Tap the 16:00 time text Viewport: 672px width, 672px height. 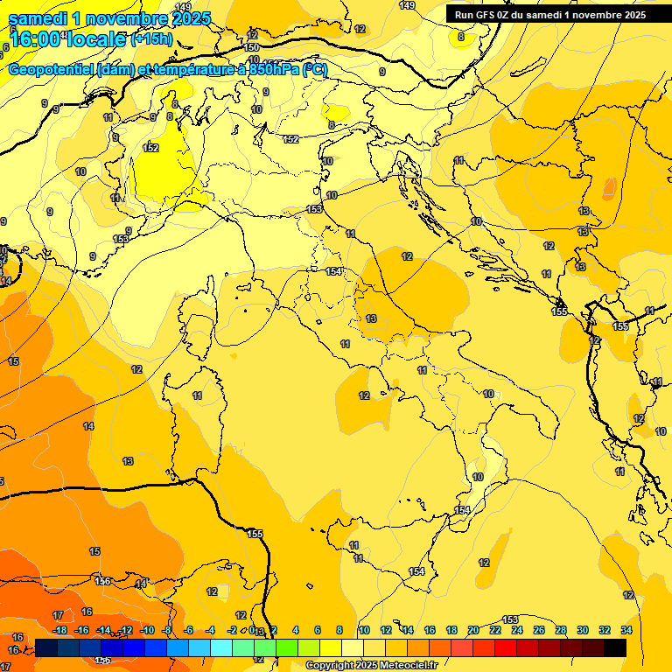pyautogui.click(x=33, y=39)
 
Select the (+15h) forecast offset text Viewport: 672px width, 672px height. pyautogui.click(x=151, y=39)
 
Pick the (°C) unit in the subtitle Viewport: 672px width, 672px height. pyautogui.click(x=315, y=70)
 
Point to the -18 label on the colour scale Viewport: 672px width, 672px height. pyautogui.click(x=60, y=630)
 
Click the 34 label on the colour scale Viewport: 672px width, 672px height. pyautogui.click(x=626, y=630)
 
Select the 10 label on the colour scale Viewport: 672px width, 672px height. pyautogui.click(x=364, y=630)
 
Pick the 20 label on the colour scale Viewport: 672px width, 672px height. pyautogui.click(x=473, y=630)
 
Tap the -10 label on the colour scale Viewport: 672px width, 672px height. pyautogui.click(x=148, y=630)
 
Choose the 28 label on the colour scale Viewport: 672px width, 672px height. pyautogui.click(x=561, y=630)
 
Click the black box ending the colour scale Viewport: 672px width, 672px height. pyautogui.click(x=615, y=647)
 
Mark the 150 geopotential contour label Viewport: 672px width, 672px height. pyautogui.click(x=252, y=47)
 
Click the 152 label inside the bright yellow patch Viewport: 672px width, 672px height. pyautogui.click(x=150, y=148)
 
